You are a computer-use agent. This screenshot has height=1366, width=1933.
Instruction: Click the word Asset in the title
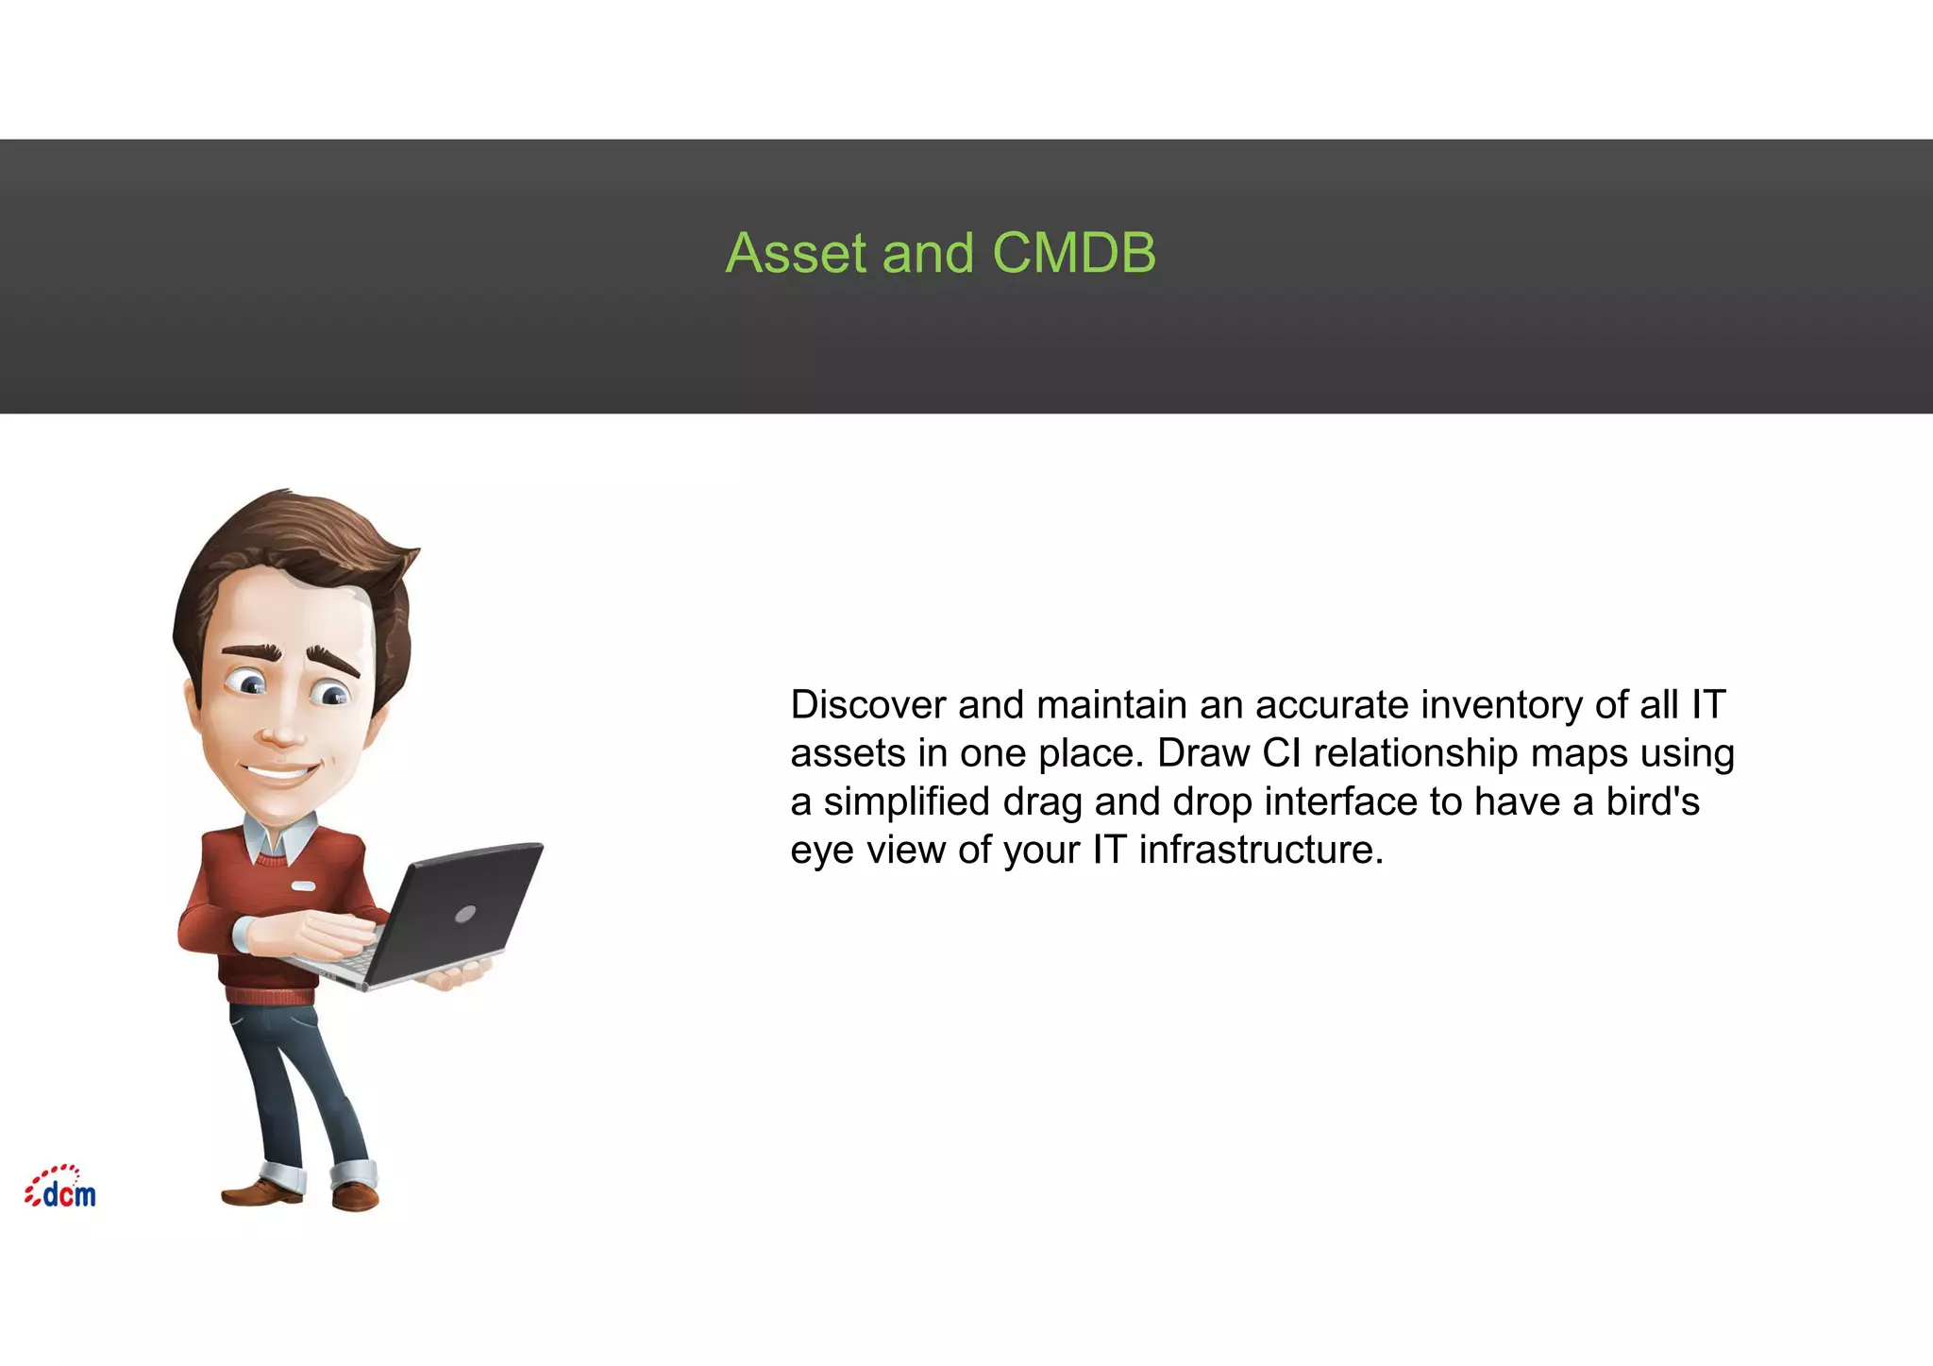point(796,253)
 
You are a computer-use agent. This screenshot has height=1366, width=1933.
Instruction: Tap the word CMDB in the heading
point(1073,253)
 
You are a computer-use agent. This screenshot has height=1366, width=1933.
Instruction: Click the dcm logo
point(61,1189)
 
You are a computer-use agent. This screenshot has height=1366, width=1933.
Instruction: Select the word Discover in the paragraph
point(867,705)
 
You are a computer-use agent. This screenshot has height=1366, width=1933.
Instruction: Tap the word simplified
point(906,802)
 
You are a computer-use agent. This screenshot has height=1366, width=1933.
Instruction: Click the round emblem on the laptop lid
point(465,914)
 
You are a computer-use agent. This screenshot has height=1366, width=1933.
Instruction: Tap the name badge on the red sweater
point(303,886)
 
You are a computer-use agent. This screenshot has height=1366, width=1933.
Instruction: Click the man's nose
point(280,733)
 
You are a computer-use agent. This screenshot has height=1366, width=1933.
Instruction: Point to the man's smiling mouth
point(280,774)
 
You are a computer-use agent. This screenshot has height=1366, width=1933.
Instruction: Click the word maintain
point(1111,705)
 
